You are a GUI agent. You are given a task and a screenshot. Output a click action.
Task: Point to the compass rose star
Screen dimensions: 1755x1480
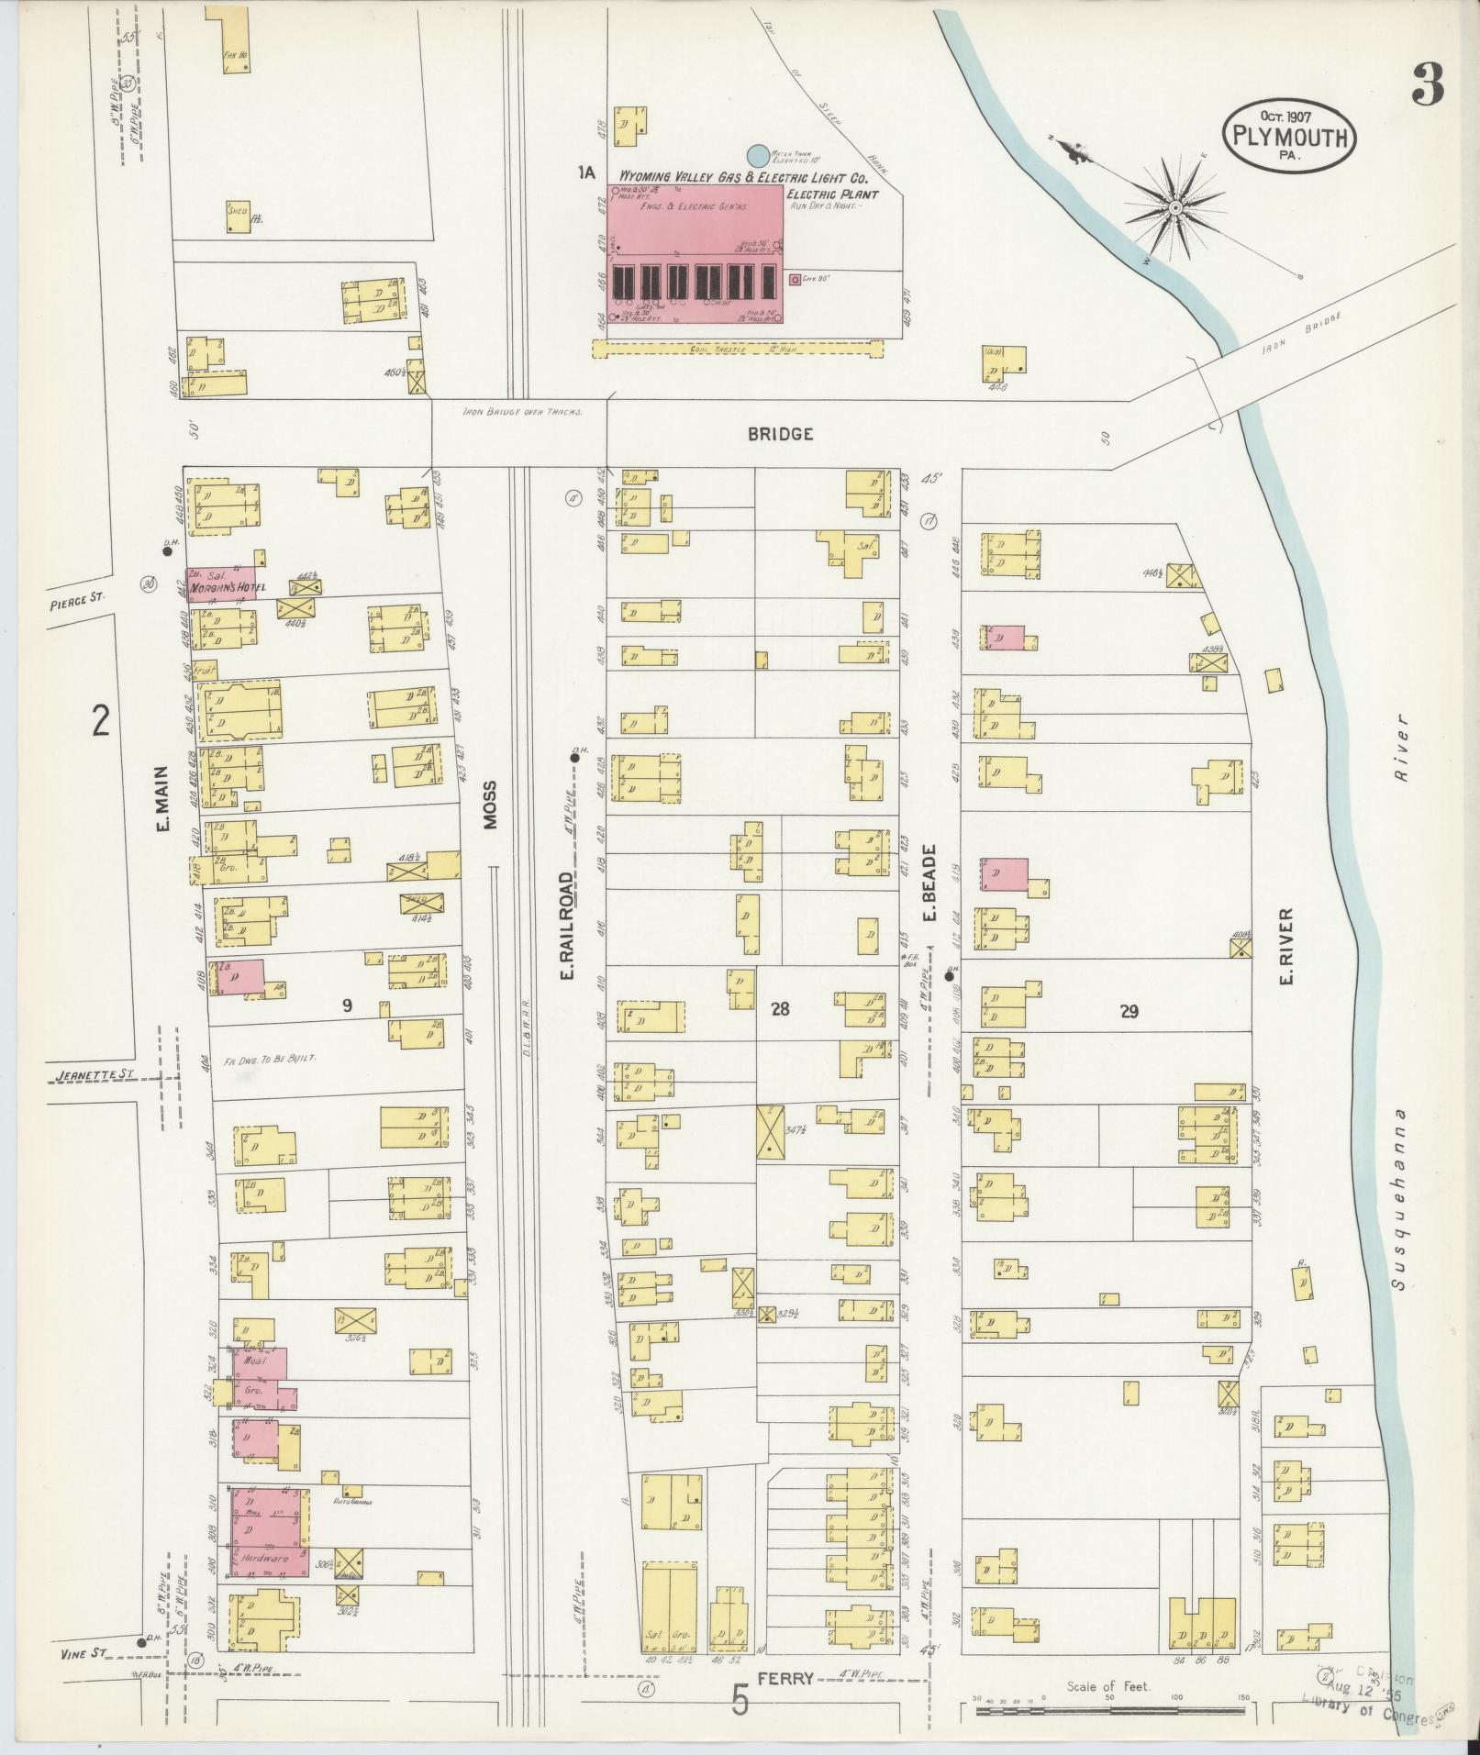1174,208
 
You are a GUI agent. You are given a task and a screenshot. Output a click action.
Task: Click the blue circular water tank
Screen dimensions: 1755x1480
758,156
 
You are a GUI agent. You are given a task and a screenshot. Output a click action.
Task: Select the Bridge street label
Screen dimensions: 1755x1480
780,434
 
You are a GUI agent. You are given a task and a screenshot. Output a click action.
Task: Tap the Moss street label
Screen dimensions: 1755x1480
489,805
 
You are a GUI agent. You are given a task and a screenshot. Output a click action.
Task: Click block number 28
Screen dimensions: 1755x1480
780,1009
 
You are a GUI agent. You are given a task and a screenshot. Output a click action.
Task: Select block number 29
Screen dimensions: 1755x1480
1129,1011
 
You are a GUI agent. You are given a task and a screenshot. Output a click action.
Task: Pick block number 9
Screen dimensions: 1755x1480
347,1005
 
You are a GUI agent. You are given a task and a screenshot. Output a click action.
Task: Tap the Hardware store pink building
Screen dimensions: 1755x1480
267,1533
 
